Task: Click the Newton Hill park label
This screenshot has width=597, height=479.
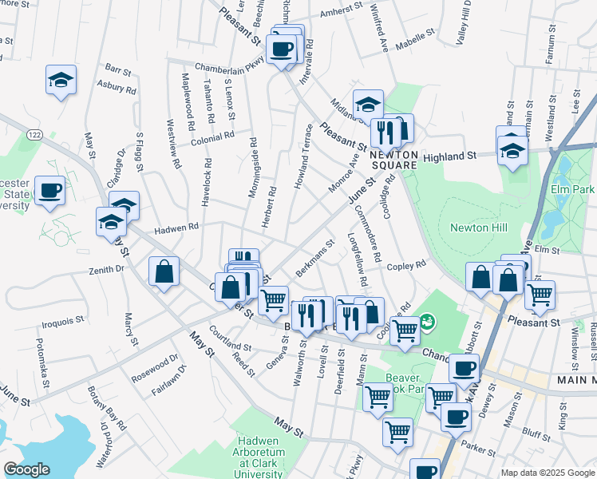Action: coord(479,228)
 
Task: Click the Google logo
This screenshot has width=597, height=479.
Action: coord(26,469)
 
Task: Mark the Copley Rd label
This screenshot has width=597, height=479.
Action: coord(407,265)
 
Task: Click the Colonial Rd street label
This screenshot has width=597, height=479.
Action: coord(212,138)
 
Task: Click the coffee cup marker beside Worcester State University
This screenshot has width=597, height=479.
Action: coord(50,191)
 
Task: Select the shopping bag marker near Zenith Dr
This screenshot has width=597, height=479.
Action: coord(164,271)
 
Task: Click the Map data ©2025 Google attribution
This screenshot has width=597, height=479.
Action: coord(548,473)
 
